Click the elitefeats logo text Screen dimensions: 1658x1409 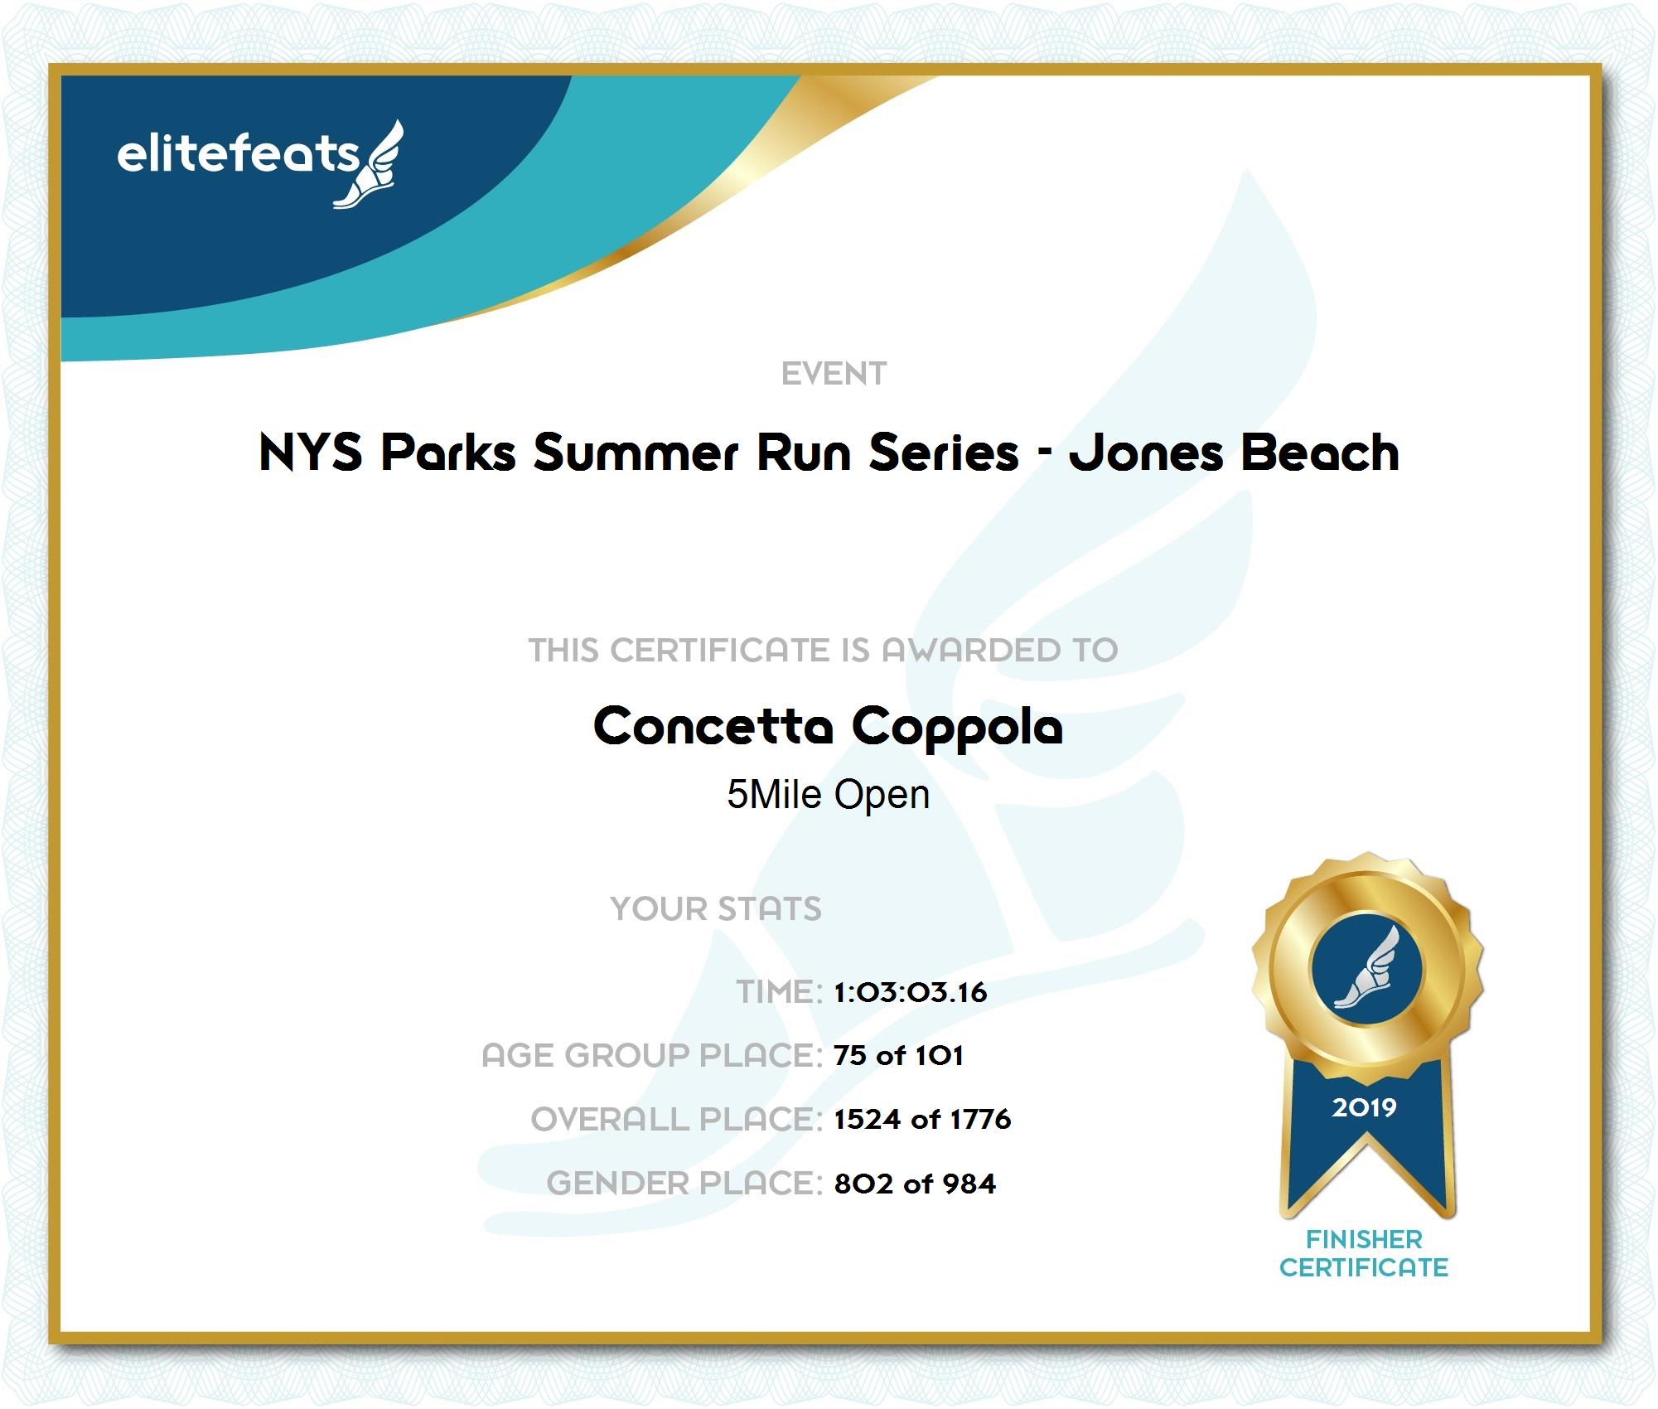click(239, 154)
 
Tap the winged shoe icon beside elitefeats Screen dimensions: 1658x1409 click(370, 164)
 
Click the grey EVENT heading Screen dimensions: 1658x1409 click(834, 374)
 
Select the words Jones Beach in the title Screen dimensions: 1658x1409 click(1234, 453)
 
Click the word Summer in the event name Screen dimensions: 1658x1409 click(636, 453)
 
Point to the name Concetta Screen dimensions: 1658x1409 click(713, 726)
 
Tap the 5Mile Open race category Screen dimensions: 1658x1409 click(828, 796)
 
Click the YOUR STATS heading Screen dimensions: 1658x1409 click(716, 909)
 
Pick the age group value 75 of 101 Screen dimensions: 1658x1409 click(899, 1056)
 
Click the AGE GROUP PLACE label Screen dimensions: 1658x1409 click(652, 1056)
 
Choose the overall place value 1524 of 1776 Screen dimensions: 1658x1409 click(922, 1120)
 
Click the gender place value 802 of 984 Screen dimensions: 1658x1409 click(915, 1184)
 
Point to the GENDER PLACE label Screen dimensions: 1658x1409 click(684, 1184)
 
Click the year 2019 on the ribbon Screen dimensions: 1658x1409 click(1364, 1107)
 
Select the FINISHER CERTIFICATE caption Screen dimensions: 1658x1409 click(1364, 1253)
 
